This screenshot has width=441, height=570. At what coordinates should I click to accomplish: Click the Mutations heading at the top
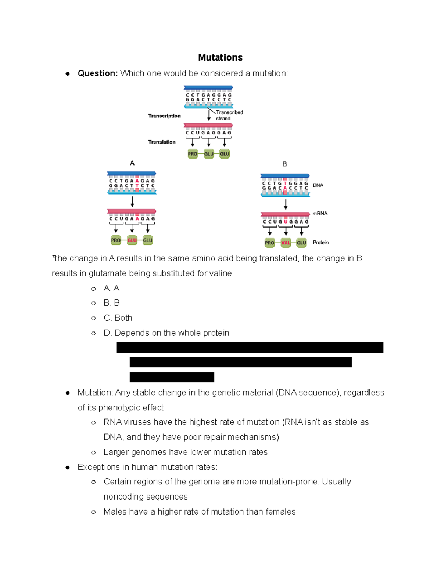[x=220, y=58]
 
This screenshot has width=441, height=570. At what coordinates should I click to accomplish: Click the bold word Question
[x=97, y=73]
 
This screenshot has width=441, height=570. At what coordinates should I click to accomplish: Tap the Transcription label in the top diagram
[x=164, y=116]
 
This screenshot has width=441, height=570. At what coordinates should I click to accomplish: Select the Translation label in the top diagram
[x=162, y=142]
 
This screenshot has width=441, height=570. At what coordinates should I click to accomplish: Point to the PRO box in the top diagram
[x=193, y=154]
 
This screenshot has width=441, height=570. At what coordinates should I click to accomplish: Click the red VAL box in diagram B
[x=286, y=243]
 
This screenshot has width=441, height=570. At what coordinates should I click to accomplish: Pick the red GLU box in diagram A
[x=132, y=240]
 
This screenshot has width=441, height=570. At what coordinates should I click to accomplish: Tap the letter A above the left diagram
[x=132, y=163]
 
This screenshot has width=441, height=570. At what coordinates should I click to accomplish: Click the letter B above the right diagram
[x=284, y=164]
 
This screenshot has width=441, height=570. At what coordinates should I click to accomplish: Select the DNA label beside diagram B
[x=318, y=185]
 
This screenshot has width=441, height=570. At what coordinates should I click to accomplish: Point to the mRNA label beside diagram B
[x=320, y=213]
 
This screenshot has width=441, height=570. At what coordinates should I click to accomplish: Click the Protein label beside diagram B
[x=320, y=243]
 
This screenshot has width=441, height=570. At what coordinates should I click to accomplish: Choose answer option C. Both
[x=118, y=318]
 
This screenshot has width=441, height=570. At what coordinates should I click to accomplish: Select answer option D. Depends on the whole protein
[x=166, y=333]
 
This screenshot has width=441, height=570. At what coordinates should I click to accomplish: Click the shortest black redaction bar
[x=172, y=377]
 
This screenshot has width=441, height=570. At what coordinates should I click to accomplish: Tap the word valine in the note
[x=220, y=273]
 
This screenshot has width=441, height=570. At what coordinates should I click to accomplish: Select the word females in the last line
[x=280, y=512]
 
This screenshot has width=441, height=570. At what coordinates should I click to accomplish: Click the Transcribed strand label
[x=229, y=115]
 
